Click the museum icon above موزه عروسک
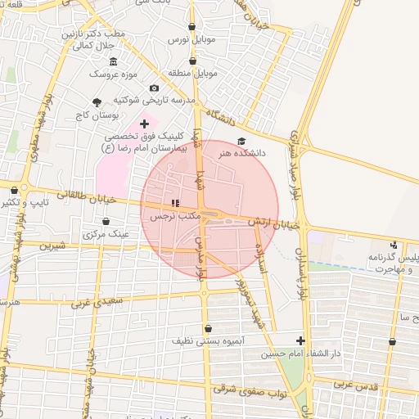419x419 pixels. pyautogui.click(x=113, y=62)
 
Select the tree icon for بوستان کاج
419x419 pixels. pyautogui.click(x=97, y=102)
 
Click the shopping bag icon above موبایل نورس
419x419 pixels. pyautogui.click(x=191, y=26)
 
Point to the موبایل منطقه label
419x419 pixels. pyautogui.click(x=192, y=74)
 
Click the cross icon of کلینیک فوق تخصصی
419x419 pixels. pyautogui.click(x=144, y=124)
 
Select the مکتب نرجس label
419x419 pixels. pyautogui.click(x=173, y=216)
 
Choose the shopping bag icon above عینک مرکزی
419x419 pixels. pyautogui.click(x=106, y=221)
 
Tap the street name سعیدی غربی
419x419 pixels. pyautogui.click(x=94, y=303)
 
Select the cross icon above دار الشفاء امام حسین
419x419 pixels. pyautogui.click(x=300, y=340)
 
